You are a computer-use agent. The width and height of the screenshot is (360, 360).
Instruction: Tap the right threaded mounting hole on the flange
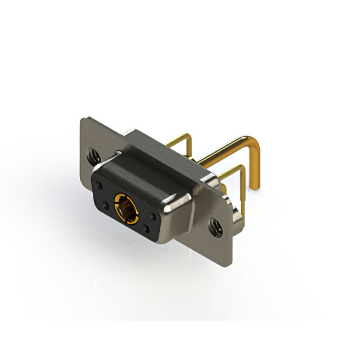pos(215,228)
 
